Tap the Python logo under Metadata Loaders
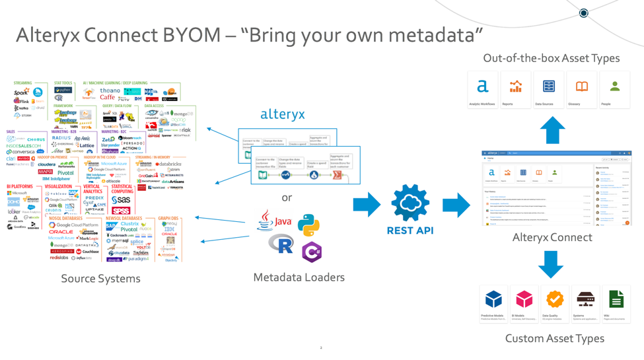pyautogui.click(x=308, y=225)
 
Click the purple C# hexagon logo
pyautogui.click(x=312, y=251)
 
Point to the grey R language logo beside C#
pyautogui.click(x=281, y=245)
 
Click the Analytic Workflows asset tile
pyautogui.click(x=483, y=89)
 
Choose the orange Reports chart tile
pyautogui.click(x=516, y=89)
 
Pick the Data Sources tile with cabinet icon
pyautogui.click(x=548, y=89)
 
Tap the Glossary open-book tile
pyautogui.click(x=581, y=89)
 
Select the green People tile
pyautogui.click(x=614, y=89)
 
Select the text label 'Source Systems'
pyautogui.click(x=100, y=278)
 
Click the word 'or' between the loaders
pyautogui.click(x=287, y=197)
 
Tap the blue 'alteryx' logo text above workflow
pyautogui.click(x=283, y=114)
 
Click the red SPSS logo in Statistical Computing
pyautogui.click(x=120, y=211)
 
